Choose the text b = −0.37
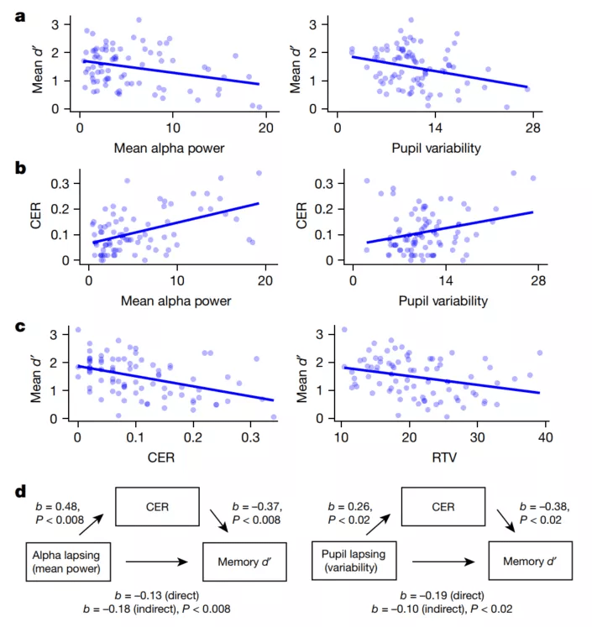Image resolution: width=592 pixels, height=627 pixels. click(x=255, y=507)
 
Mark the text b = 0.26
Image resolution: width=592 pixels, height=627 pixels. click(x=344, y=507)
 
